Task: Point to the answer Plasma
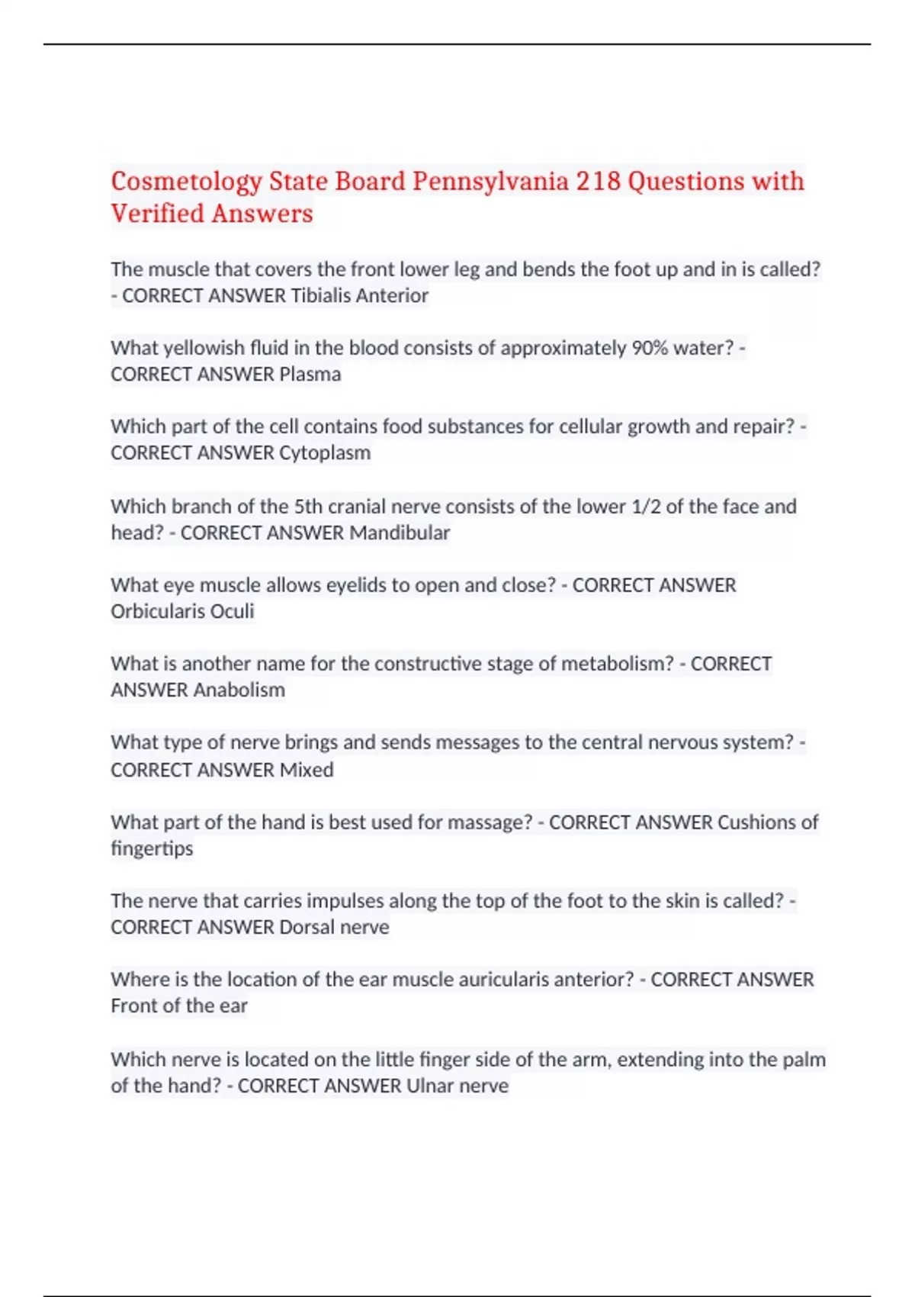click(x=310, y=374)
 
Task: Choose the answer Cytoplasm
click(x=325, y=452)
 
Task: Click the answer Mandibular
click(x=400, y=533)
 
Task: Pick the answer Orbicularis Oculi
click(x=182, y=611)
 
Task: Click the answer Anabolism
click(x=239, y=690)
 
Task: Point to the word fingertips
click(x=152, y=848)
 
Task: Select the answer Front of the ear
click(x=179, y=1006)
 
